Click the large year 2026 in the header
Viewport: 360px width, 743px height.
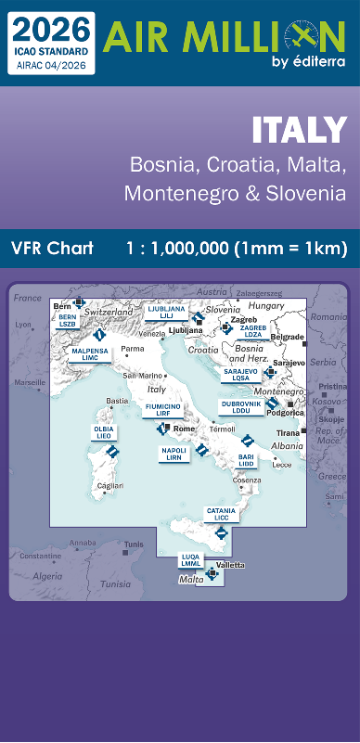pyautogui.click(x=52, y=25)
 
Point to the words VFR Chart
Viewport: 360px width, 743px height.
pyautogui.click(x=54, y=248)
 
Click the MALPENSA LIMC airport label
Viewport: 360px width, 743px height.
pyautogui.click(x=90, y=354)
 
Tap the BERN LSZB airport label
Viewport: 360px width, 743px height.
pyautogui.click(x=68, y=319)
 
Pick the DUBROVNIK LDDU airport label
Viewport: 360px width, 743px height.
pyautogui.click(x=240, y=407)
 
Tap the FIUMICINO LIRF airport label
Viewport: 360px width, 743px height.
pyautogui.click(x=162, y=410)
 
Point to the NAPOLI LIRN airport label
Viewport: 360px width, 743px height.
pyautogui.click(x=174, y=453)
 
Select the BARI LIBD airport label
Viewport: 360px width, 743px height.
pyautogui.click(x=247, y=460)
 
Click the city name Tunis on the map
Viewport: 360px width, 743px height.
pyautogui.click(x=135, y=544)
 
